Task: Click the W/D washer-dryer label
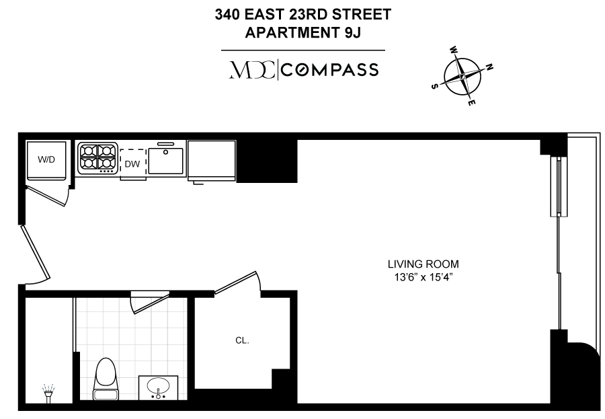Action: [46, 159]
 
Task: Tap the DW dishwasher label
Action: [132, 164]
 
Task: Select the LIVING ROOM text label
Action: [424, 264]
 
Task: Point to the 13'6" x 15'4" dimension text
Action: [424, 277]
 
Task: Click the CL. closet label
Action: [242, 340]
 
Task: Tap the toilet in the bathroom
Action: [106, 379]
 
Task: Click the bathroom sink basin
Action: [158, 387]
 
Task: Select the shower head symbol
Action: [48, 393]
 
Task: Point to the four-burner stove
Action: [98, 158]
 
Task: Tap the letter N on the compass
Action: [489, 67]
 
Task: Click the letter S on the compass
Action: [434, 86]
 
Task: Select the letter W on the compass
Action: [454, 50]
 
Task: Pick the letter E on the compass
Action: [471, 103]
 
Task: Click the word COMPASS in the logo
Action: [330, 71]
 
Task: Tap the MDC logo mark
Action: [252, 70]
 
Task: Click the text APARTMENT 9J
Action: [303, 33]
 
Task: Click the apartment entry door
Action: [36, 253]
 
